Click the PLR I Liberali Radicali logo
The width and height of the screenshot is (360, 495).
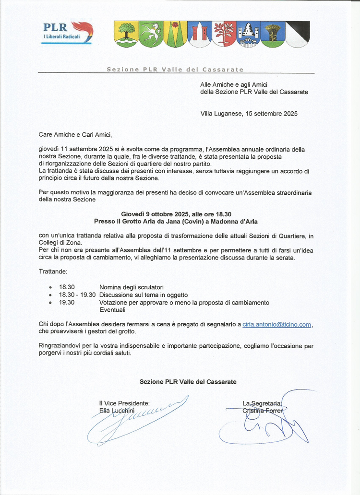click(x=68, y=33)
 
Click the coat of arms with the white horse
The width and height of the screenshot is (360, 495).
click(x=150, y=34)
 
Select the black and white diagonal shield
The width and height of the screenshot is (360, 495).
click(x=298, y=34)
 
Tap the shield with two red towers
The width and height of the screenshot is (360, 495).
click(x=200, y=34)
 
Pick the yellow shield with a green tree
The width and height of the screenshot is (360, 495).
click(x=126, y=34)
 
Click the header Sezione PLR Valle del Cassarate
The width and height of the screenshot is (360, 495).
click(x=175, y=70)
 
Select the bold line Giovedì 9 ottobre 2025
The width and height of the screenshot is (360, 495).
click(x=176, y=214)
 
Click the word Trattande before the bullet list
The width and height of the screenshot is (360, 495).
click(x=53, y=271)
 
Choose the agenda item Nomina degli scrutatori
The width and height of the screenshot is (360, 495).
click(x=132, y=287)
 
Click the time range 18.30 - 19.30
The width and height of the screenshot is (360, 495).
click(x=77, y=295)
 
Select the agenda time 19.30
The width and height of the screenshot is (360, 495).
click(x=67, y=302)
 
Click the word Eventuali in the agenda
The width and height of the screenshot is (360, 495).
click(x=112, y=310)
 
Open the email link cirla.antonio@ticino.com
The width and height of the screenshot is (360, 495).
click(x=277, y=325)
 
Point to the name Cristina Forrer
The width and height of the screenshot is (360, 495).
click(x=263, y=410)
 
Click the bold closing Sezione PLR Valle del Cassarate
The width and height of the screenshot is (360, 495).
click(x=188, y=382)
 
